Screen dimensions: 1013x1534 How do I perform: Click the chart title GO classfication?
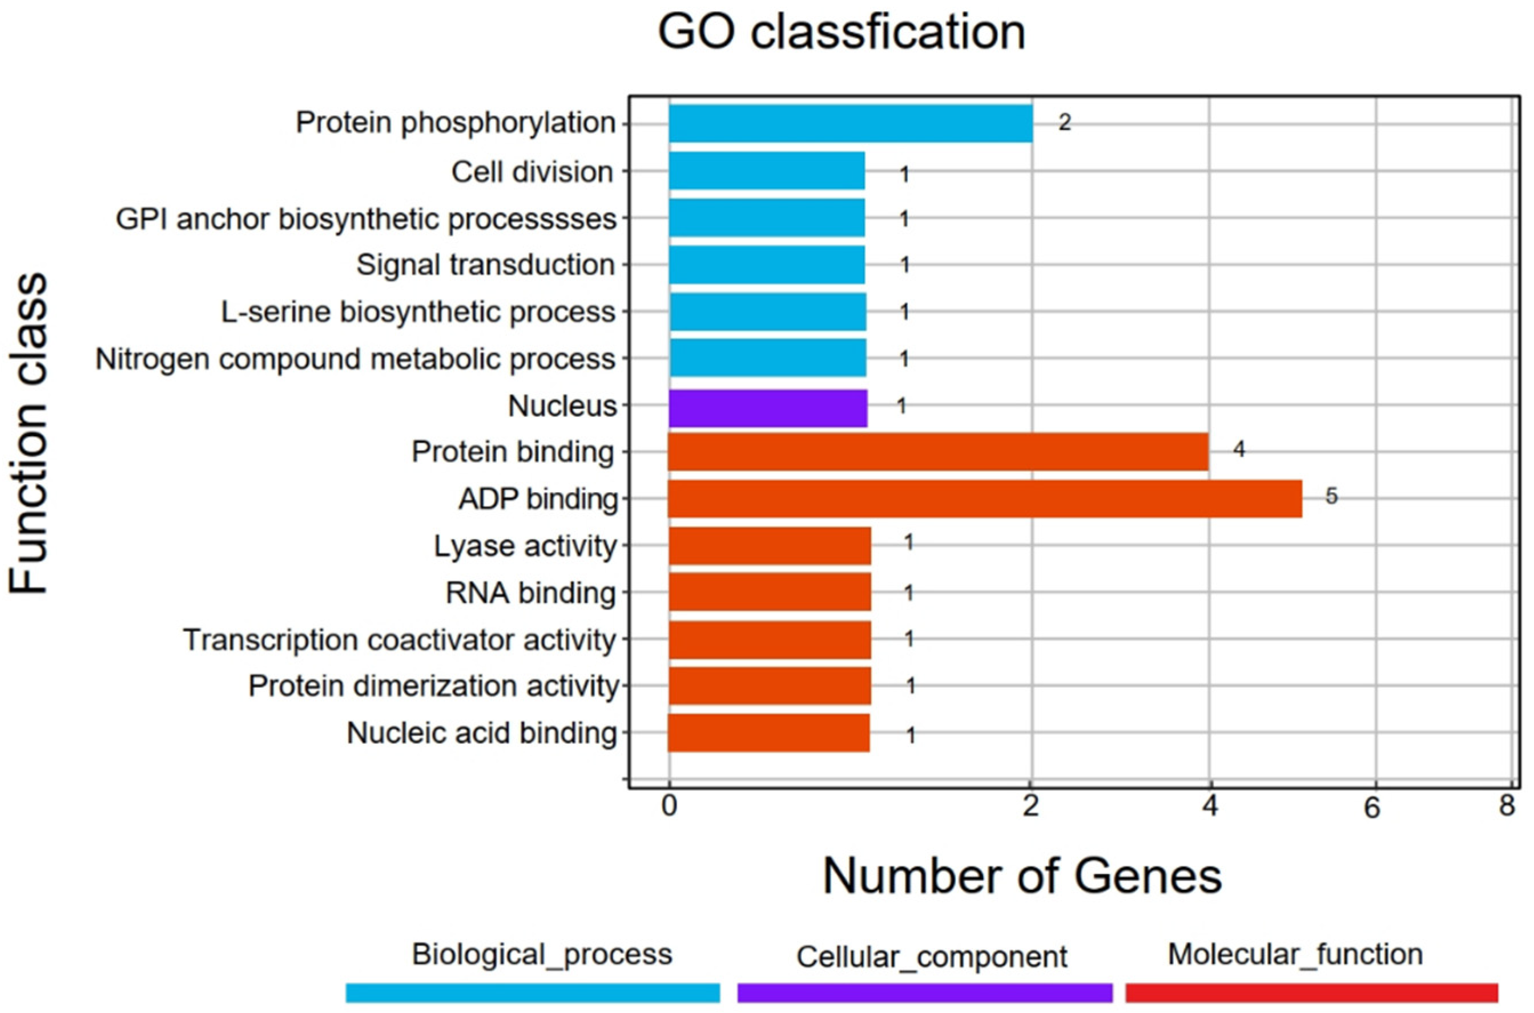coord(841,33)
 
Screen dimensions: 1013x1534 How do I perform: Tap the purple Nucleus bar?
coord(767,408)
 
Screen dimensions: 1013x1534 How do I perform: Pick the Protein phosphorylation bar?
coord(850,123)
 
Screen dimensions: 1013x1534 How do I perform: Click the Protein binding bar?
coord(937,452)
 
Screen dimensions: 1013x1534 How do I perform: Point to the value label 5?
coord(1331,496)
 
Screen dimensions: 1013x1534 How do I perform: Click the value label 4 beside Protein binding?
coord(1238,449)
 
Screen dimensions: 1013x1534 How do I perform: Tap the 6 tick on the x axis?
coord(1372,808)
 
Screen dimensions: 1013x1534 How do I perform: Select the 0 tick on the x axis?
coord(669,807)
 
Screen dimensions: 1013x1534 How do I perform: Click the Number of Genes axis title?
coord(1021,876)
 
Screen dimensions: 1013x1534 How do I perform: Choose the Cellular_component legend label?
coord(932,957)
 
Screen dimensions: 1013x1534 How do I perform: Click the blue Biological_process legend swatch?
coord(533,992)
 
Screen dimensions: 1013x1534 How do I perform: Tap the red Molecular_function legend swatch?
coord(1311,992)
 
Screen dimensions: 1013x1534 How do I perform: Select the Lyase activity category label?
coord(525,546)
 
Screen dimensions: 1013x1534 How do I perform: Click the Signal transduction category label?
coord(485,265)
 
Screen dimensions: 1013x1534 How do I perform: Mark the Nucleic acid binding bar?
coord(768,732)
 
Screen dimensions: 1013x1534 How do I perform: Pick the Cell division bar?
coord(767,171)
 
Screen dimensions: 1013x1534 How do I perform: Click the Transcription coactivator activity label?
coord(400,639)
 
